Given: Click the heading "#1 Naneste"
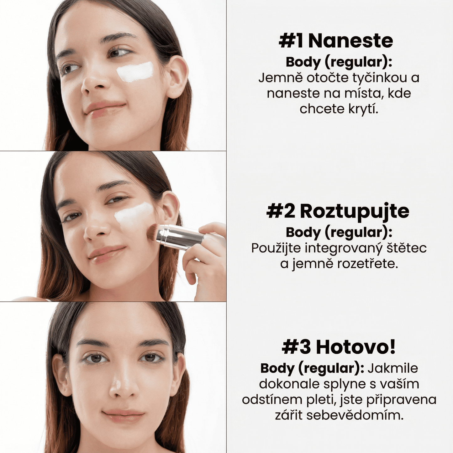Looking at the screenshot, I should pos(336,41).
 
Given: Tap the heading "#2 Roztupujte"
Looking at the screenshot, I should pos(338,211).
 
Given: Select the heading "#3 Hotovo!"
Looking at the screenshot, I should pos(339,347).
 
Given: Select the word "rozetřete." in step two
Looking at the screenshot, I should pos(367,264).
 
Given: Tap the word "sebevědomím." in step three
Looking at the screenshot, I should pos(355,415).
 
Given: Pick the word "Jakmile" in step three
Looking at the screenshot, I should pos(393,368).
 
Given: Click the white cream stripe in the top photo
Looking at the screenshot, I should pos(135,72).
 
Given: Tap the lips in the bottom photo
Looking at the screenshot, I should pos(123,416).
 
